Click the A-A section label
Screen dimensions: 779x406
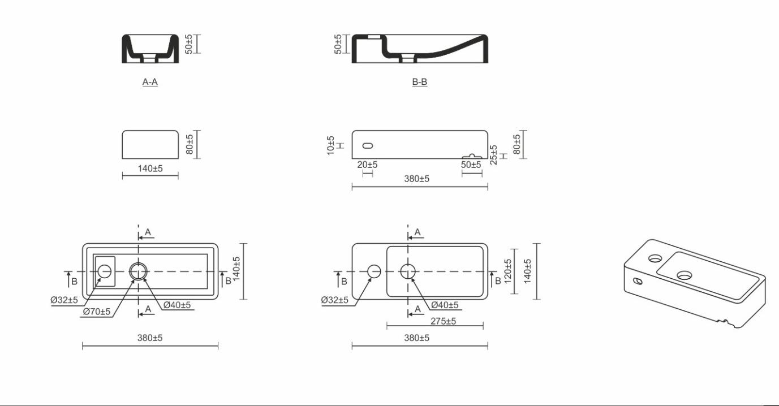(150, 82)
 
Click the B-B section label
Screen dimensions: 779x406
(419, 82)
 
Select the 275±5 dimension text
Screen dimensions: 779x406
(443, 321)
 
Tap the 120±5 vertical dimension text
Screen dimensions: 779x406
(507, 271)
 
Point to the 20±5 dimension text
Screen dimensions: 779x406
(367, 165)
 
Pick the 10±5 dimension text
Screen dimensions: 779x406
(330, 145)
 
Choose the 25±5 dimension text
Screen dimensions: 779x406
(493, 155)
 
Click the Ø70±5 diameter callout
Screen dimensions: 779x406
(97, 312)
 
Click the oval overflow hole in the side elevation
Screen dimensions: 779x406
(368, 146)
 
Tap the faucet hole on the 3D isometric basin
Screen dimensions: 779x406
(655, 258)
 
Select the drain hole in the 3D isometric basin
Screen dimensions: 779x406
(684, 275)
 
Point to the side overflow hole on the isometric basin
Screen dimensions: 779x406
(638, 281)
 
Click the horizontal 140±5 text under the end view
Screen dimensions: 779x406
(150, 169)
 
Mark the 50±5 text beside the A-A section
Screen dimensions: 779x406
(188, 44)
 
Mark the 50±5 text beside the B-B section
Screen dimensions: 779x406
(338, 44)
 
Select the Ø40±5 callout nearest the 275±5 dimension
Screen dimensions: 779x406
(445, 305)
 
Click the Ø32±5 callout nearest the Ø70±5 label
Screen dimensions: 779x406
(64, 300)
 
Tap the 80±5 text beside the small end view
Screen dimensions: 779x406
(190, 145)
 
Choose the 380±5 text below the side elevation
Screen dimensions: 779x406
(416, 179)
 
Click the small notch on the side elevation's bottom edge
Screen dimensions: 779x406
(472, 156)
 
